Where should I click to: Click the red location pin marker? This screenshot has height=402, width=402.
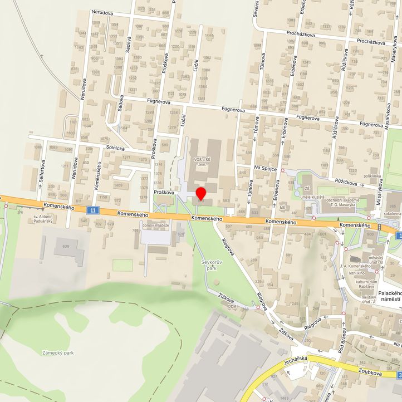201,194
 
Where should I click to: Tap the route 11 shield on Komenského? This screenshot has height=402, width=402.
92,209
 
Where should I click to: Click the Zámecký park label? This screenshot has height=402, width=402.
58,352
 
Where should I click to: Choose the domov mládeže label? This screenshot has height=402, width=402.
156,225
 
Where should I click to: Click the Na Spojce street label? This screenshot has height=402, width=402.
265,167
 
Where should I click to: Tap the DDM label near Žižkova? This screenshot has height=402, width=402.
232,307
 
